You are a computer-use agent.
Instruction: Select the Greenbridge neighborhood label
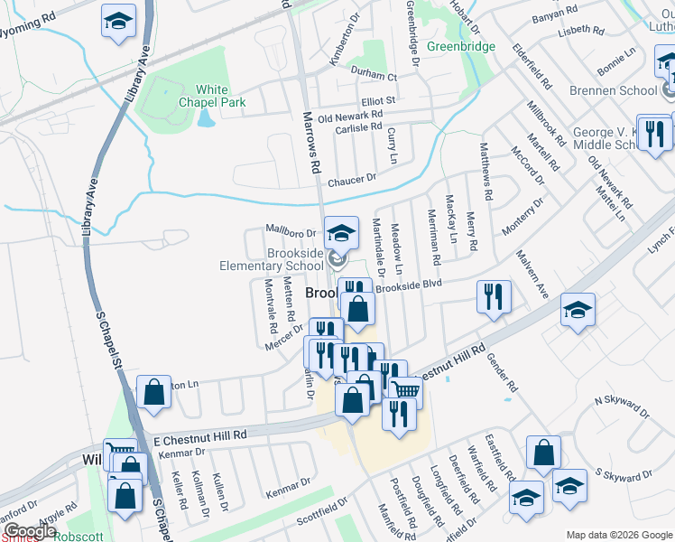460,46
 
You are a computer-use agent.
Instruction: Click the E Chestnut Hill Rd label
199,436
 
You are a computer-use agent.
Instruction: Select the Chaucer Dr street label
352,180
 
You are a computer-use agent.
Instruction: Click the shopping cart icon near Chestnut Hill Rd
406,390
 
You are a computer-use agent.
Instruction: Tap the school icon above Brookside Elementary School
341,231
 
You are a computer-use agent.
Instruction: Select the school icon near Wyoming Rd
117,21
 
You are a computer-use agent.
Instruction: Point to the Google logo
31,531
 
